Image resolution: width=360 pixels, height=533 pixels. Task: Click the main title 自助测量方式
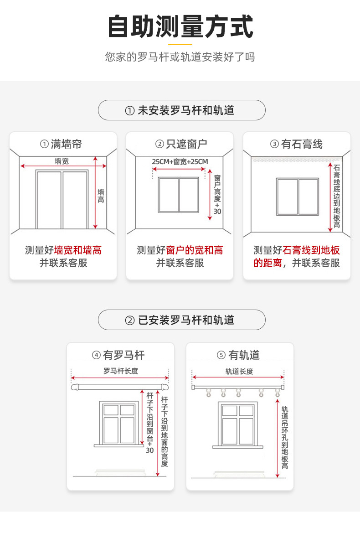(x=180, y=26)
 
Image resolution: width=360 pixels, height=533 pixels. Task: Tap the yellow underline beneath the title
(x=180, y=44)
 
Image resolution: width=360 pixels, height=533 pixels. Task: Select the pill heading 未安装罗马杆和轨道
(x=181, y=110)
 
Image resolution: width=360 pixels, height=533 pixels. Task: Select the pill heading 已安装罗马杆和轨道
(x=181, y=320)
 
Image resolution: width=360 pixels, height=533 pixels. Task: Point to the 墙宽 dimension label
(x=62, y=161)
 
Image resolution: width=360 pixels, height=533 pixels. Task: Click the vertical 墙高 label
(x=101, y=196)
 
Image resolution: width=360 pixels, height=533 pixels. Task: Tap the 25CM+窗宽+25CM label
(x=180, y=162)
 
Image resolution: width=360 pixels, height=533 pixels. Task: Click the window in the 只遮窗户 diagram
(x=179, y=195)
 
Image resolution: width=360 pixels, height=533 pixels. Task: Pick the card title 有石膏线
(x=297, y=144)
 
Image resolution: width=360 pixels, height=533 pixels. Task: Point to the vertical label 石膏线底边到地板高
(x=337, y=196)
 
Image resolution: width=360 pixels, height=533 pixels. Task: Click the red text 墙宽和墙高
(x=78, y=250)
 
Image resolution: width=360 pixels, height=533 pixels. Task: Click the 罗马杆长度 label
(x=120, y=371)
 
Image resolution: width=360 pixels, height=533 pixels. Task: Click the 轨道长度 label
(x=239, y=371)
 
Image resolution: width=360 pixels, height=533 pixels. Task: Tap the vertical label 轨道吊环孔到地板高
(x=285, y=438)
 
